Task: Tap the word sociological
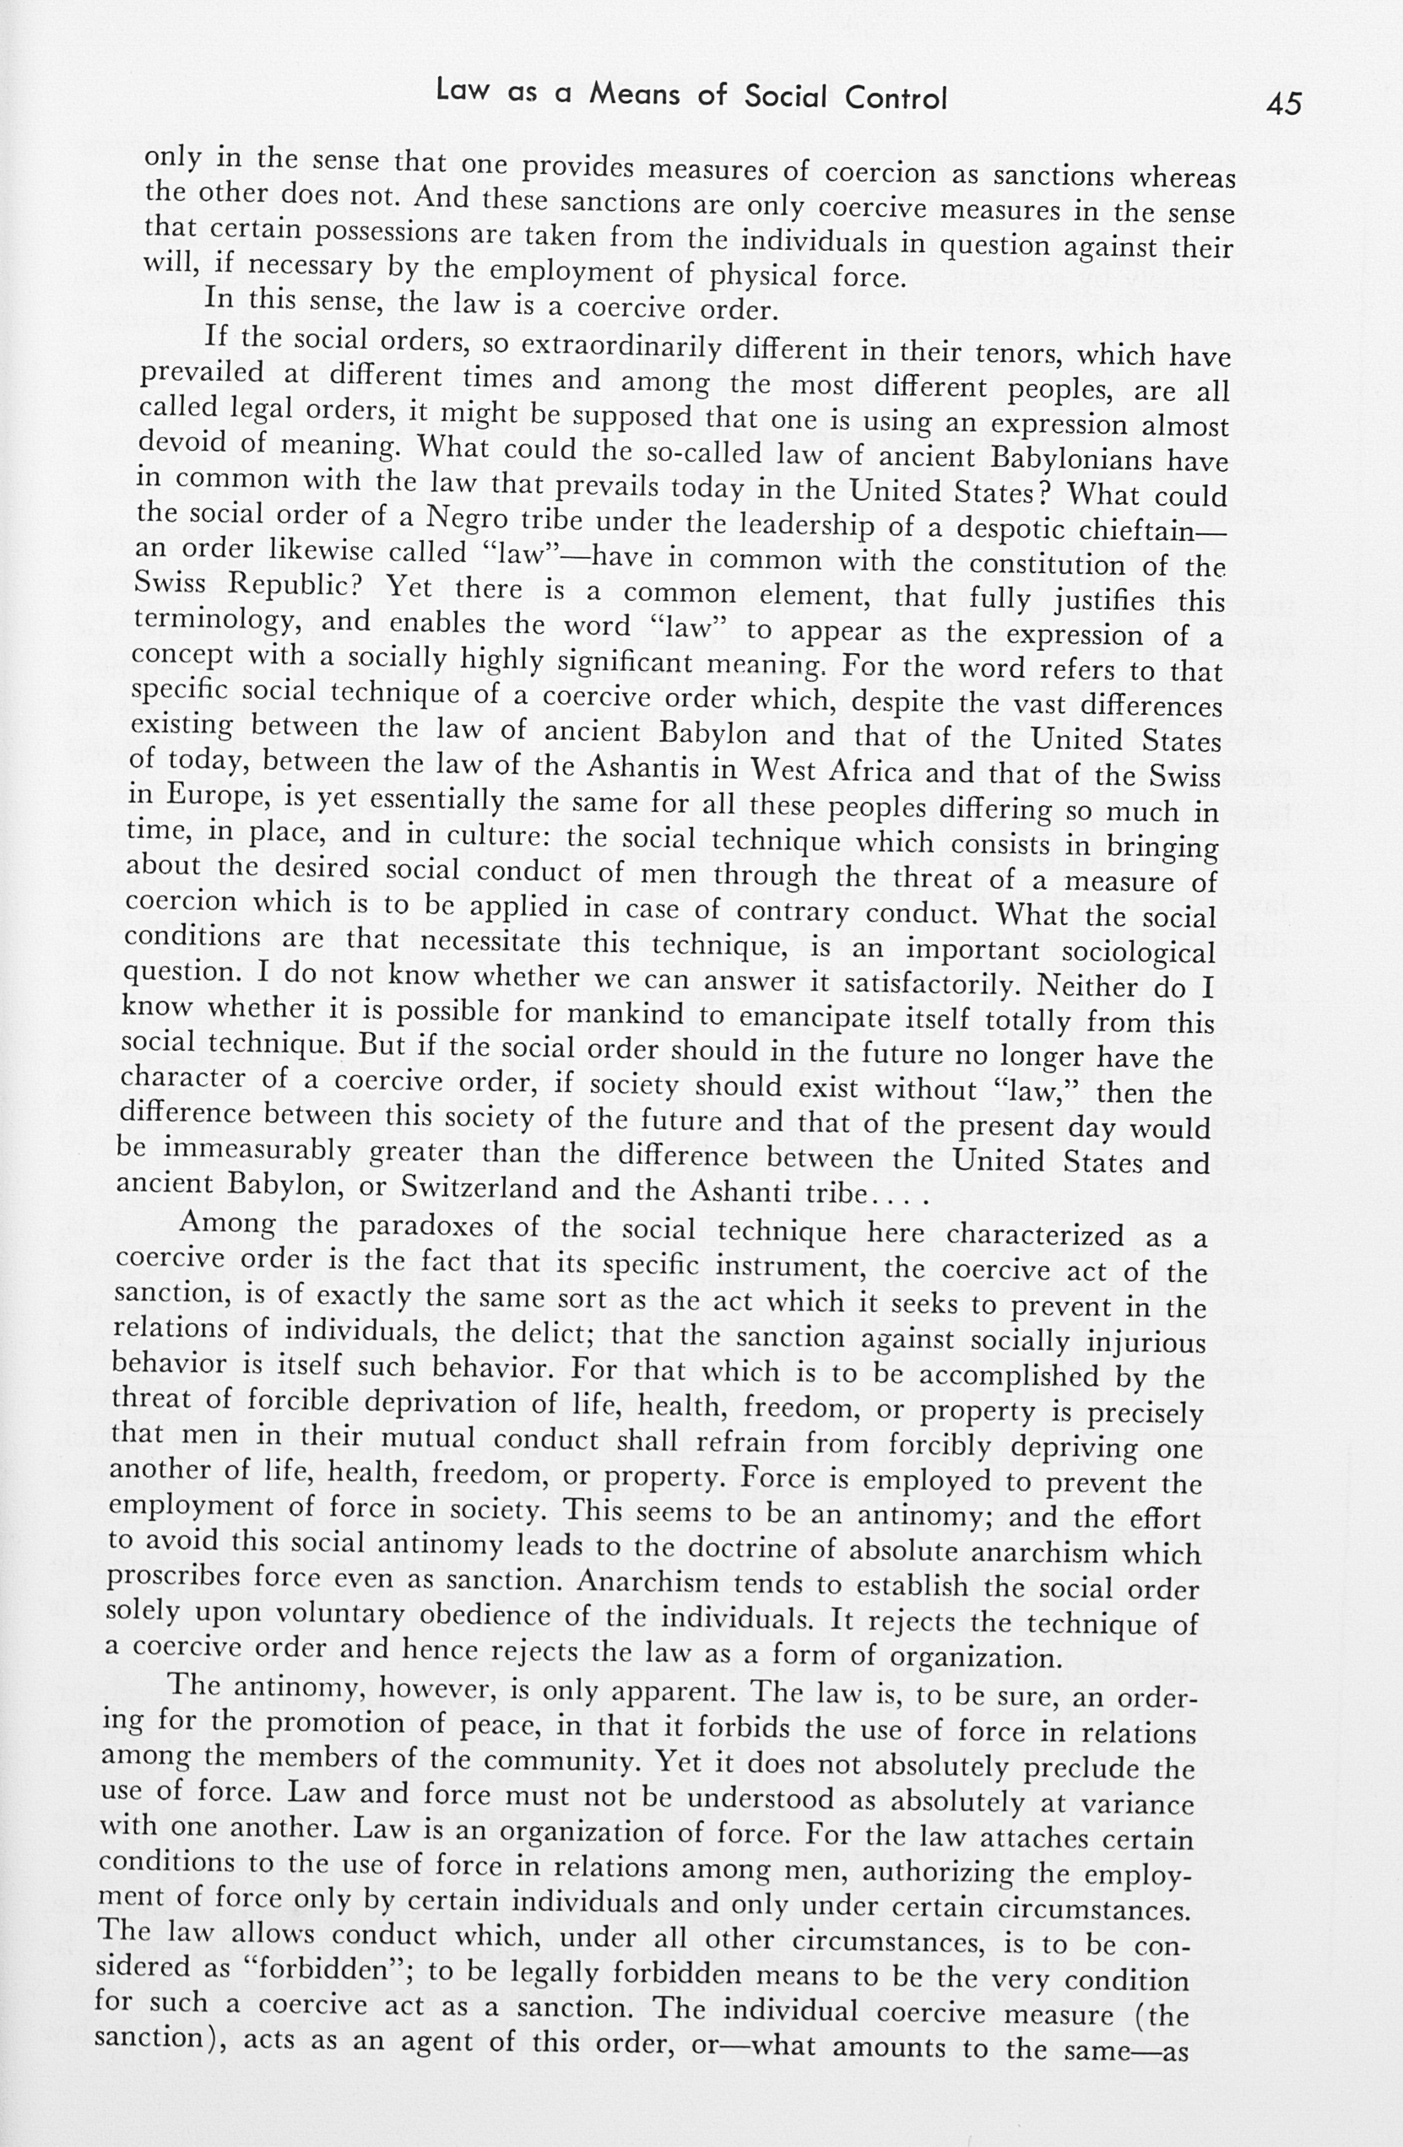pos(1138,953)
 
